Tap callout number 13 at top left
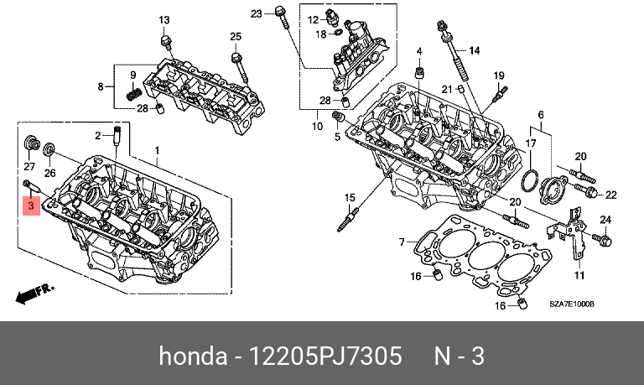[x=164, y=20]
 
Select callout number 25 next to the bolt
[x=236, y=35]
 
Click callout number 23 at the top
[x=257, y=13]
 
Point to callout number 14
[x=474, y=51]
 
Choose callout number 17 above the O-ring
[x=531, y=144]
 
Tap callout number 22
[x=610, y=195]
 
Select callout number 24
[x=605, y=221]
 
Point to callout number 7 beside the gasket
[x=402, y=242]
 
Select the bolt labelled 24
[x=605, y=242]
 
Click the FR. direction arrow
[x=34, y=294]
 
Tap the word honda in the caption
[x=190, y=356]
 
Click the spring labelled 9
[x=132, y=91]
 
